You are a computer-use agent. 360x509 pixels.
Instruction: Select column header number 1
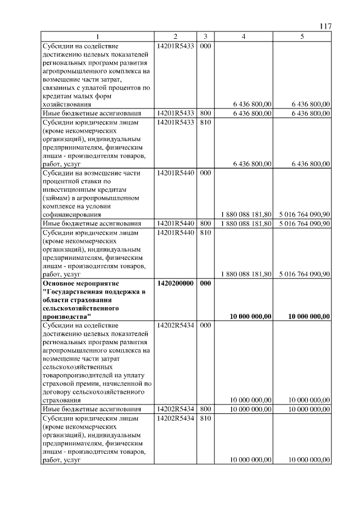98,37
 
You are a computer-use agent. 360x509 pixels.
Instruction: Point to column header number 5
302,37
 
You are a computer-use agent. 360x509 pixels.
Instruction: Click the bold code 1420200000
176,283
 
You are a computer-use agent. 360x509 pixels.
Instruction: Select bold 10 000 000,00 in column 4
251,317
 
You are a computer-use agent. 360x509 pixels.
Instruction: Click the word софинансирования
71,215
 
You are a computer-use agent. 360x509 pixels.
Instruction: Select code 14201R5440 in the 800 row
176,224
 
